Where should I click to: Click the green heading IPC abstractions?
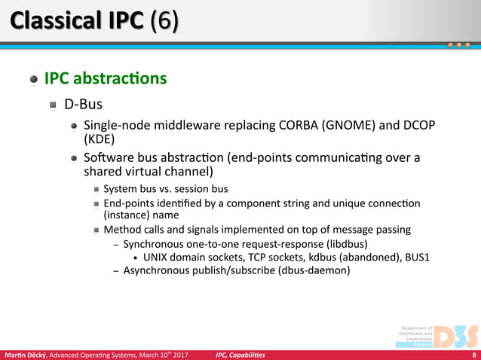(106, 78)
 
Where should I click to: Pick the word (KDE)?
(99, 139)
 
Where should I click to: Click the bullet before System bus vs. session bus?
(96, 189)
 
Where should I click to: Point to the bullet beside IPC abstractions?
(33, 79)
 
